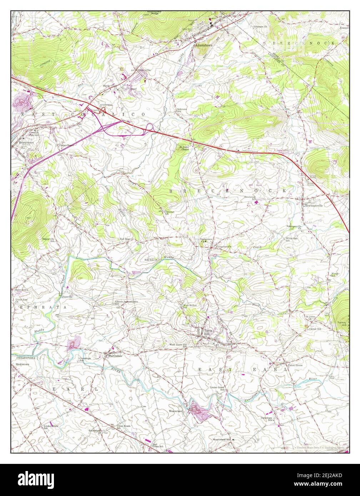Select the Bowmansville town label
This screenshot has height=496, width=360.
pyautogui.click(x=314, y=206)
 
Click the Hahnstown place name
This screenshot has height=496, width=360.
pyautogui.click(x=21, y=290)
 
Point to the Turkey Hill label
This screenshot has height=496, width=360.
pyautogui.click(x=342, y=324)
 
